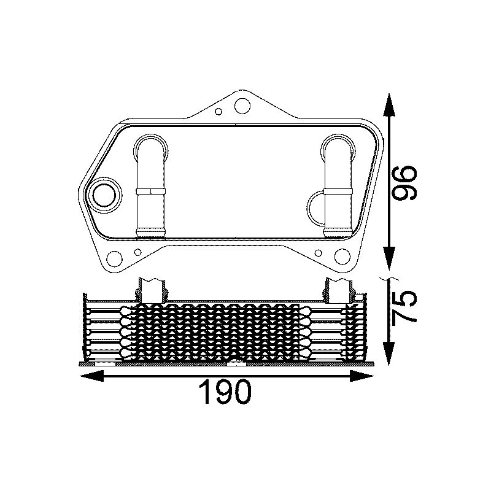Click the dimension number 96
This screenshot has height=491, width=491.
point(405,182)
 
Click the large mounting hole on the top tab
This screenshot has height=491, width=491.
point(242,106)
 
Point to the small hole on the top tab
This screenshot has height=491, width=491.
point(219,112)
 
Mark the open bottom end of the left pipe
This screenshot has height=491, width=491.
point(152,232)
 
